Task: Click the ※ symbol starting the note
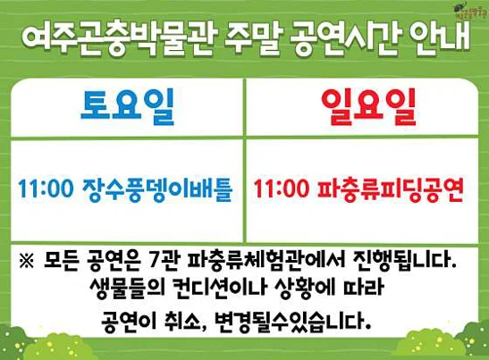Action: pyautogui.click(x=26, y=263)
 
